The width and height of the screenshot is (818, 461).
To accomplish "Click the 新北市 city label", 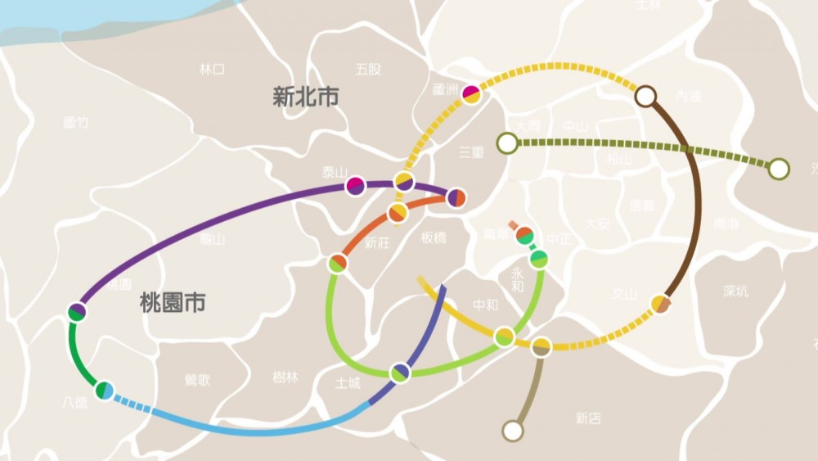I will pos(305,97).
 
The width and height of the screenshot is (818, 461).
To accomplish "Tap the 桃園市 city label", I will pos(172,304).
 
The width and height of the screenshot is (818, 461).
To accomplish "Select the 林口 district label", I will pos(211,69).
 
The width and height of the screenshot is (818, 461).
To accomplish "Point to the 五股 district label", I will pos(368,70).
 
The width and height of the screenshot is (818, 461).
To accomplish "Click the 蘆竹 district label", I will pos(75,123).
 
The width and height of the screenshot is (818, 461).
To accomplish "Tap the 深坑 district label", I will pos(735,291).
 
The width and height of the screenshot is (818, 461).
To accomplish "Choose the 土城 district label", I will pos(348,382).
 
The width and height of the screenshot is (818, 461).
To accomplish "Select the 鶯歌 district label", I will pos(197,380).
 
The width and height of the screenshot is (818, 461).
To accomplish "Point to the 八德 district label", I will pos(74,402).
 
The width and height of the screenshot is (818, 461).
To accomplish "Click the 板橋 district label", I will pos(434,238).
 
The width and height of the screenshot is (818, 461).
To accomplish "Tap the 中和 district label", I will pos(485,306).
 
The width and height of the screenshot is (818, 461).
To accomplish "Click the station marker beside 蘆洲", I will pos(471,94).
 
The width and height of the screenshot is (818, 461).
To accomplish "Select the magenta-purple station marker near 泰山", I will pos(355,186).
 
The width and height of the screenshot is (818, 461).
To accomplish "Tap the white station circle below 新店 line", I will pos(513,431).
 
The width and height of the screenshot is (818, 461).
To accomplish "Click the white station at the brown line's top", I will pos(645,97).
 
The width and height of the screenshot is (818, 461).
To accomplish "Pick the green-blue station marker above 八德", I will pos(104,391).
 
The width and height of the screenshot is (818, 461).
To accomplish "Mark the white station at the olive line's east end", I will pos(779,169).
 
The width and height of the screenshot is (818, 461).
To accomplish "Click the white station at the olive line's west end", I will pos(507,143).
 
